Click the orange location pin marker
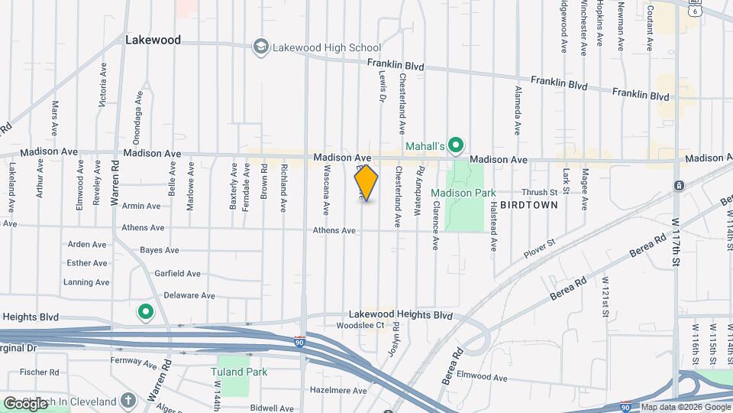[x=366, y=182]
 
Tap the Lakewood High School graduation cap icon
[x=262, y=47]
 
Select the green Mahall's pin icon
[x=457, y=144]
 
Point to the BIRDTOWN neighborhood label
[x=532, y=205]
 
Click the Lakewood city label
[x=153, y=40]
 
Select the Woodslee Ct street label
[x=360, y=325]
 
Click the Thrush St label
[x=540, y=193]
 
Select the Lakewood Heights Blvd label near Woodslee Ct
[x=401, y=314]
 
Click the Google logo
[x=25, y=403]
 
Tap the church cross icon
[x=128, y=401]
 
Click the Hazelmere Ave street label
[x=340, y=389]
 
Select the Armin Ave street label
[x=141, y=206]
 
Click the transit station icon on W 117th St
[x=679, y=186]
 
